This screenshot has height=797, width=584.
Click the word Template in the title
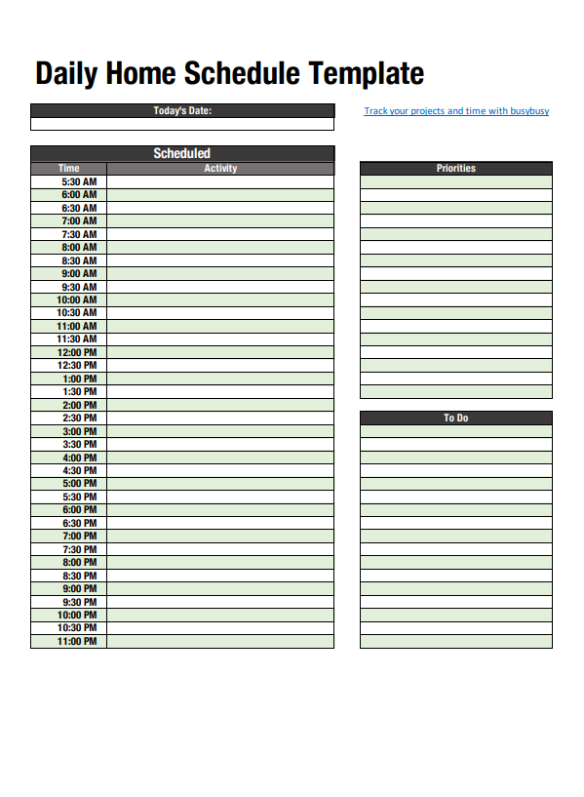click(367, 74)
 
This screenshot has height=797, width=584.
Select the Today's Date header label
click(182, 110)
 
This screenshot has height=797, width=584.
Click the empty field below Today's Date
click(182, 124)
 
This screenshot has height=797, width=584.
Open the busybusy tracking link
click(456, 111)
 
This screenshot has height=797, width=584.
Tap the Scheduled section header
click(182, 153)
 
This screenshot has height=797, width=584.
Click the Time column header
click(68, 169)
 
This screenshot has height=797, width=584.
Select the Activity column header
click(220, 169)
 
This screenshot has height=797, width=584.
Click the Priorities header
click(455, 169)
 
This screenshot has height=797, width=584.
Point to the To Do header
click(455, 418)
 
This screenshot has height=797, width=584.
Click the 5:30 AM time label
click(79, 181)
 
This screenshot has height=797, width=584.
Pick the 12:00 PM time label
click(77, 352)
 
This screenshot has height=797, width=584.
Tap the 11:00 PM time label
click(77, 641)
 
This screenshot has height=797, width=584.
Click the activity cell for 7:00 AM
click(220, 221)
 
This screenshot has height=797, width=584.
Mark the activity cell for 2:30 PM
click(220, 418)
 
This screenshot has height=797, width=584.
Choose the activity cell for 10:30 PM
click(220, 628)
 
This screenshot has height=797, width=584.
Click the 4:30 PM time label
click(79, 470)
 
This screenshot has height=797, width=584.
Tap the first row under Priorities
click(455, 181)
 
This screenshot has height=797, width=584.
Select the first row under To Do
click(455, 431)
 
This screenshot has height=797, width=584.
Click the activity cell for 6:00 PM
click(220, 509)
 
